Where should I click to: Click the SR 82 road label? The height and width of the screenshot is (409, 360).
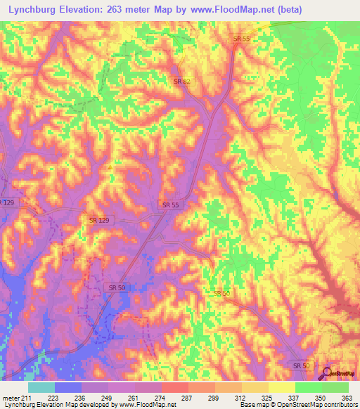(x=182, y=82)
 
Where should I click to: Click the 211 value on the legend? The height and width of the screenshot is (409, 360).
(x=26, y=398)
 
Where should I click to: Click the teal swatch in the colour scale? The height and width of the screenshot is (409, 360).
(x=41, y=387)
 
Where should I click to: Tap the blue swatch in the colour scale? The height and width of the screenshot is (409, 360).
(x=67, y=387)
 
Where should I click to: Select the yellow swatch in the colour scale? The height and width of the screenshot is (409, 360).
(x=282, y=387)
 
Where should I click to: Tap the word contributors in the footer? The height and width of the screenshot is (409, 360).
(x=337, y=405)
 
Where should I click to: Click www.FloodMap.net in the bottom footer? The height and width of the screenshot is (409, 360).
(x=147, y=405)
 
